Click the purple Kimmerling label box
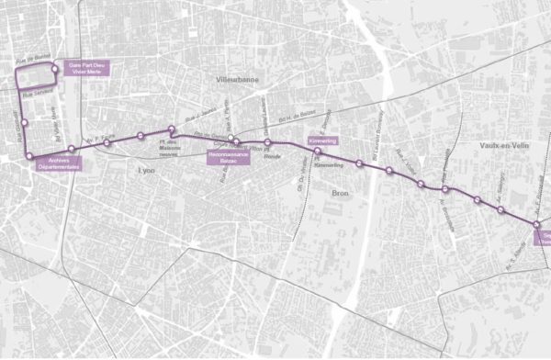point(322,141)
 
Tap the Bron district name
point(340,194)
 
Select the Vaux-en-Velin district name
point(500,144)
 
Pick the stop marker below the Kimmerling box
point(317,151)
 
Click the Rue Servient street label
point(37,93)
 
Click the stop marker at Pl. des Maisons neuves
point(171,129)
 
